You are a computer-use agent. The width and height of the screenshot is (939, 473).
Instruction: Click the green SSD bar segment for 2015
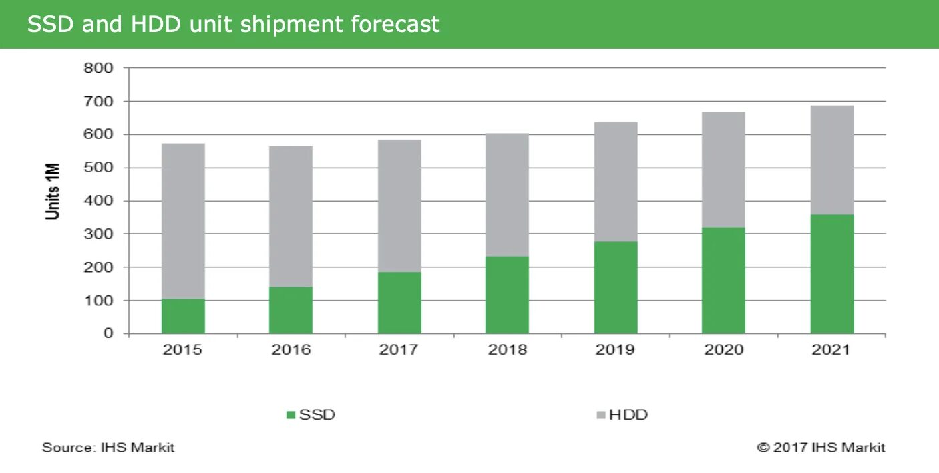183,316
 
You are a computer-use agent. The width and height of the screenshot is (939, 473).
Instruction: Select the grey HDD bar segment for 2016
291,216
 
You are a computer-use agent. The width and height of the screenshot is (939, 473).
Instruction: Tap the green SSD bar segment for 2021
831,274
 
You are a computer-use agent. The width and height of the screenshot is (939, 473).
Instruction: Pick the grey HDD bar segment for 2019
616,182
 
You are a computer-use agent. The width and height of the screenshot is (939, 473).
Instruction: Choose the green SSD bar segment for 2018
507,295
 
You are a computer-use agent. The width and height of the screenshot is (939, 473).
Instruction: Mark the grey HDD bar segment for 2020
723,170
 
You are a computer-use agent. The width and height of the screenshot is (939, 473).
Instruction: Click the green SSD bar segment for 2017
399,303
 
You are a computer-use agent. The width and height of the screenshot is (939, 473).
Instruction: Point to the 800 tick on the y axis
98,68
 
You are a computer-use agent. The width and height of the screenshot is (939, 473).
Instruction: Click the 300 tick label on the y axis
98,234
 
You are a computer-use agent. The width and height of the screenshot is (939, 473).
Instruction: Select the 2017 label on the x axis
399,350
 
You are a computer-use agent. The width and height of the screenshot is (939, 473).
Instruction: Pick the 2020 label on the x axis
723,350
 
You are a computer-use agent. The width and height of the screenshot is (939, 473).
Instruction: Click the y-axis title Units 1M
53,191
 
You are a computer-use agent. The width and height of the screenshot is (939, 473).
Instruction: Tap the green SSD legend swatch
291,415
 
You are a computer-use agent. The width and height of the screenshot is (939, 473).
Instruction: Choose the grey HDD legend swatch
600,415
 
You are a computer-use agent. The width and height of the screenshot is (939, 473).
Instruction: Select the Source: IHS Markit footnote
108,448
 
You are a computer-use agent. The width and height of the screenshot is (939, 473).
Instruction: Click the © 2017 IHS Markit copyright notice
821,448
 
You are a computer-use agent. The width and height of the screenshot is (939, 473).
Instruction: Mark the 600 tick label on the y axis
98,134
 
